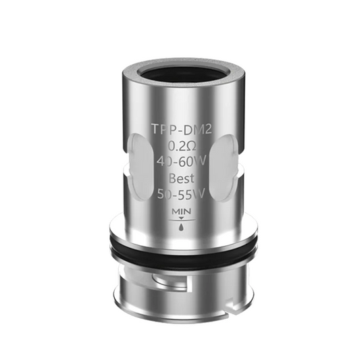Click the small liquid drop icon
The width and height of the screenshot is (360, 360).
(x=179, y=227)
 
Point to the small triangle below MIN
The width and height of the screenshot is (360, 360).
(x=179, y=220)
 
